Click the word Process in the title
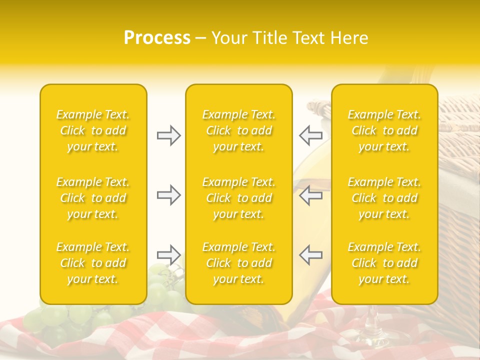coord(157,38)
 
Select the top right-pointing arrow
coord(168,135)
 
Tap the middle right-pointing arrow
coord(168,195)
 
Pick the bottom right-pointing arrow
coord(168,254)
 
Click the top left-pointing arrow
coord(310,135)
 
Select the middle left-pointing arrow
coord(310,195)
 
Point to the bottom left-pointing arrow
coord(310,254)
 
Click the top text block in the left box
coord(93,130)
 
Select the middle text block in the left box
coord(93,198)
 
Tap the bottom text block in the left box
coord(93,263)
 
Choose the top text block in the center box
coord(239,130)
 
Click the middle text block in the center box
coord(239,198)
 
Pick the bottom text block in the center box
coord(239,263)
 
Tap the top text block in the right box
coord(384,130)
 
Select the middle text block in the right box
coord(384,198)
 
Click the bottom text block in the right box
coord(384,263)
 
